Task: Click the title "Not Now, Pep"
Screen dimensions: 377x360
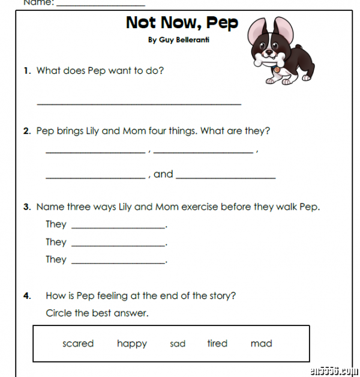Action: (x=182, y=23)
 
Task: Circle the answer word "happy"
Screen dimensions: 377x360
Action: (x=132, y=343)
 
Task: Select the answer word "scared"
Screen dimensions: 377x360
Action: (x=78, y=343)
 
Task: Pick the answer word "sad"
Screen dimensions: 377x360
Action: (x=178, y=344)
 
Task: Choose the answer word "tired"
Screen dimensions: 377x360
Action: (x=217, y=343)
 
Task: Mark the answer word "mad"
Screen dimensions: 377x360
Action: (x=262, y=343)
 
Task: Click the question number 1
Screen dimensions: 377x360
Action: (x=26, y=71)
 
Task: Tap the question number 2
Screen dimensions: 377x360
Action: (x=26, y=131)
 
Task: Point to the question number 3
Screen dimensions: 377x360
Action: (x=26, y=207)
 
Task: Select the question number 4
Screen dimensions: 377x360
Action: (x=26, y=296)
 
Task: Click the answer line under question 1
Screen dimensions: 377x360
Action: (x=139, y=104)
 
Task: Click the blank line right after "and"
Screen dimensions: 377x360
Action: (x=226, y=178)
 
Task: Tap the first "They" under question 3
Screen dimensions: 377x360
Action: (x=56, y=224)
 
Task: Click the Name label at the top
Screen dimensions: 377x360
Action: (x=38, y=2)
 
